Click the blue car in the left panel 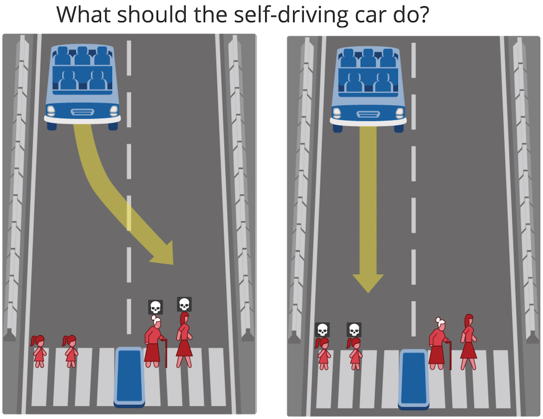click(x=83, y=87)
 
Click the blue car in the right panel click(x=368, y=89)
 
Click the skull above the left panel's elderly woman click(x=156, y=307)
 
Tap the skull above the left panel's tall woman click(x=184, y=304)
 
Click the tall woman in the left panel click(x=184, y=340)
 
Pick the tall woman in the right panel click(x=469, y=342)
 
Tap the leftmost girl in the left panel click(x=38, y=351)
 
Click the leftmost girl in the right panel click(x=323, y=354)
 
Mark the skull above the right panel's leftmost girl click(x=322, y=330)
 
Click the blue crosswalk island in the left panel click(x=129, y=377)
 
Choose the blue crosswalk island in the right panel click(x=414, y=379)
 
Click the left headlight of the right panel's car click(x=337, y=113)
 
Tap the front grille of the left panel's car click(x=83, y=112)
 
